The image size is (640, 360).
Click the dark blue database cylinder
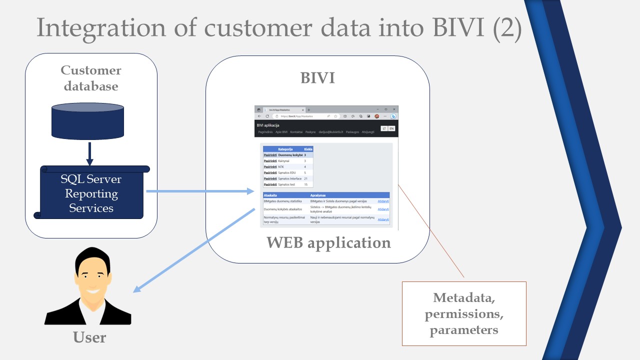(x=87, y=121)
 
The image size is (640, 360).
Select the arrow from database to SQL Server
(x=90, y=153)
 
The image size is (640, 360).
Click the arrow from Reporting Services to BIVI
(x=200, y=191)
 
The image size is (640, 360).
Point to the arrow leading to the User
(x=195, y=250)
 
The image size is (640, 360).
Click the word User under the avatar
(x=89, y=337)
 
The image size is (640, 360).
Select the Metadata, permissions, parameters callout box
(x=464, y=313)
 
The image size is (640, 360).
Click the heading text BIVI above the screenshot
(x=317, y=78)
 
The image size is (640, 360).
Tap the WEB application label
(x=328, y=242)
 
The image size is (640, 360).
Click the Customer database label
(x=91, y=78)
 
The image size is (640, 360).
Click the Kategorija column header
(x=285, y=149)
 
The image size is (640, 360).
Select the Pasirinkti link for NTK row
(x=270, y=167)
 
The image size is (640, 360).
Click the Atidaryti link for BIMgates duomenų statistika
(x=383, y=201)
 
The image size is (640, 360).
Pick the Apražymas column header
(x=318, y=195)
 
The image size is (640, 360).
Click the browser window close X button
(x=394, y=109)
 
